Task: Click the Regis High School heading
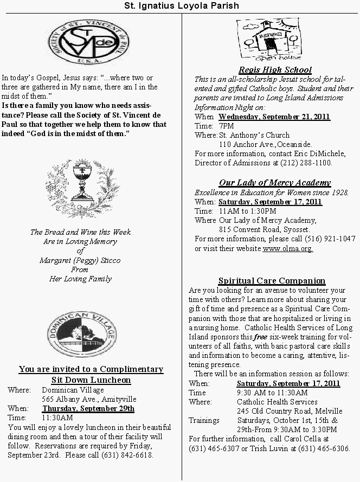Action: tap(275, 69)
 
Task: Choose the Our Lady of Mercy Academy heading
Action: tap(274, 183)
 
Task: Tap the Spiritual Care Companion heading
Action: tap(272, 280)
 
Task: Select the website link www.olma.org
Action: tap(287, 249)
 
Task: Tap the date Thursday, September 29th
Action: tap(88, 409)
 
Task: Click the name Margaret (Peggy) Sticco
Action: tap(80, 260)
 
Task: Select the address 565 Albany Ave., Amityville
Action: tap(89, 399)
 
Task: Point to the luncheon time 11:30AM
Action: tap(57, 418)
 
